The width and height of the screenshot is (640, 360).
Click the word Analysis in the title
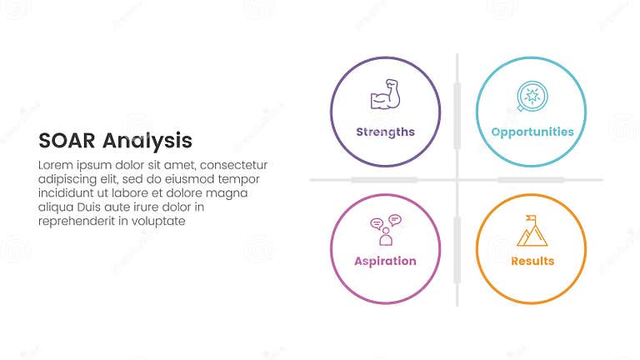point(149,140)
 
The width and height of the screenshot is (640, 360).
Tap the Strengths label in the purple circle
point(385,132)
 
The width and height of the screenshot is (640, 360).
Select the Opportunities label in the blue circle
point(532,132)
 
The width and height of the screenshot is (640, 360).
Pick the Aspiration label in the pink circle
point(385,261)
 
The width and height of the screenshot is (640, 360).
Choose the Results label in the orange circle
point(532,261)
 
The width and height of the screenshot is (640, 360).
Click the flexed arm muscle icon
point(385,97)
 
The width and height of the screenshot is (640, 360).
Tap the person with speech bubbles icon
point(385,230)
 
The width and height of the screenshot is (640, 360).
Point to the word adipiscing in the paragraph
point(69,179)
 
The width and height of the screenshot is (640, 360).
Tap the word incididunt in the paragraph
point(68,193)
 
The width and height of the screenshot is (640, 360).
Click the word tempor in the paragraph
point(239,179)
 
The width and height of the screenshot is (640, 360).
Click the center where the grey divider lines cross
point(457,179)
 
